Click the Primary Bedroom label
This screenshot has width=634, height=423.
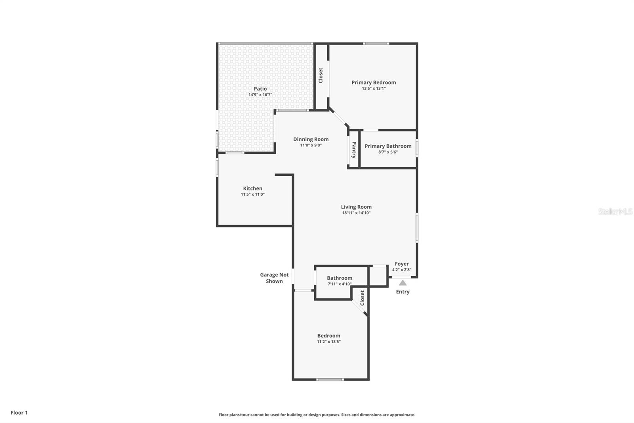click(x=374, y=83)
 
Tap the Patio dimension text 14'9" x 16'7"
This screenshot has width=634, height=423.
click(x=260, y=95)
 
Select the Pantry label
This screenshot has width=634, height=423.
click(x=354, y=150)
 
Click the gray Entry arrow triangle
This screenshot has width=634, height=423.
click(x=403, y=283)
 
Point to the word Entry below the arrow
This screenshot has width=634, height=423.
click(x=403, y=292)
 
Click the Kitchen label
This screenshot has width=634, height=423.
click(x=252, y=188)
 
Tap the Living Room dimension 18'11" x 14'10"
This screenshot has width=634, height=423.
click(x=356, y=213)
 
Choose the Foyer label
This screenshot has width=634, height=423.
click(x=401, y=264)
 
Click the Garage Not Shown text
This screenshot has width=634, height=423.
click(x=274, y=278)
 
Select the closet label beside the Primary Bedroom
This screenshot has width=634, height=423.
click(x=321, y=75)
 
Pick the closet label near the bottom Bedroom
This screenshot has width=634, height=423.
click(x=362, y=298)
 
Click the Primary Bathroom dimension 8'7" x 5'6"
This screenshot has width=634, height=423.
click(x=388, y=152)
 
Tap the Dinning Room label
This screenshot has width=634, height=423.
click(x=311, y=139)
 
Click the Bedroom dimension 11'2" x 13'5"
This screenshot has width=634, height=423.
click(x=328, y=342)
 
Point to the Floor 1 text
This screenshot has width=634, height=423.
click(x=19, y=413)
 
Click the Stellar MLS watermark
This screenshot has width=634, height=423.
click(x=615, y=211)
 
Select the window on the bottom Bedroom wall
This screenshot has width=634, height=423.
click(x=330, y=379)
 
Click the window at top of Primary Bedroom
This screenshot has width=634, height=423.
click(x=376, y=44)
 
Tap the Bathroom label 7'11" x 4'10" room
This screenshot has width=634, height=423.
click(x=339, y=278)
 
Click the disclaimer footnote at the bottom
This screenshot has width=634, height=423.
click(x=317, y=415)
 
